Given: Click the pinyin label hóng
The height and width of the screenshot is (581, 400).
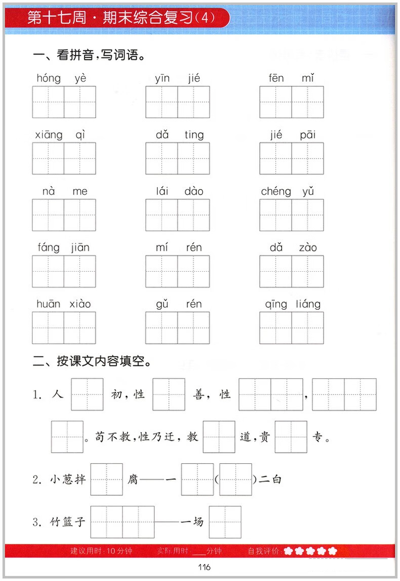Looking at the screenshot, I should point(48,78).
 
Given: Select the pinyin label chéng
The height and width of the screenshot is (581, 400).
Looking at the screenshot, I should point(276,191).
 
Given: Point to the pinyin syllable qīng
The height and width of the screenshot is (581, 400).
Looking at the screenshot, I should point(276,304).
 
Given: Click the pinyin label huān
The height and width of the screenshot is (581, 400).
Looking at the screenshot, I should point(48,304).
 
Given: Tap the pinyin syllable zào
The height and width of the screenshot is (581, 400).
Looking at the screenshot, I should point(308,247).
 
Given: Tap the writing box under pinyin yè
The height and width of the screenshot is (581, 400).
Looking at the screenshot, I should point(80,102).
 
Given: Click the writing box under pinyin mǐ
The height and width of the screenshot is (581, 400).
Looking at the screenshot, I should point(308,102).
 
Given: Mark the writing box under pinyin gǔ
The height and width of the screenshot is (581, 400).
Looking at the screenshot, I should point(162,328).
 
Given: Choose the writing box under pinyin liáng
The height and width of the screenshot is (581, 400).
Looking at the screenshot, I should point(308,328).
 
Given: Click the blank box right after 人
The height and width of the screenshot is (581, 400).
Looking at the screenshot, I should point(87,394).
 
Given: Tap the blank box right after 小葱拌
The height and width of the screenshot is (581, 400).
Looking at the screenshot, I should point(106,479).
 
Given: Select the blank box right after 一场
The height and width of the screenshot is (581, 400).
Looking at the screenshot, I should point(225,522).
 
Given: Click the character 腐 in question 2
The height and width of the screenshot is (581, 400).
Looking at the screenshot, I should point(133,479).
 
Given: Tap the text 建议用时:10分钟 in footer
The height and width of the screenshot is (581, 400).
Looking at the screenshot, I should point(101,551).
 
